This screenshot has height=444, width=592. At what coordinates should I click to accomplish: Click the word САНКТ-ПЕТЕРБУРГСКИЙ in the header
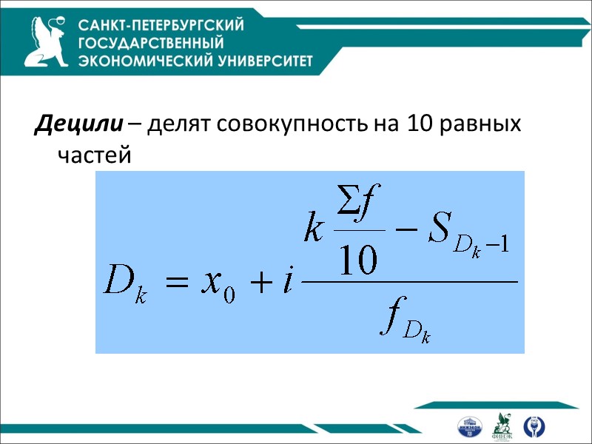(x=161, y=26)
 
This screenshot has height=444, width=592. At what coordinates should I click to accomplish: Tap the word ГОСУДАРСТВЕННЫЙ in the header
(x=151, y=43)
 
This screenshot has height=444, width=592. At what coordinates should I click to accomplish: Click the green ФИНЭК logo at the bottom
(x=503, y=425)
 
